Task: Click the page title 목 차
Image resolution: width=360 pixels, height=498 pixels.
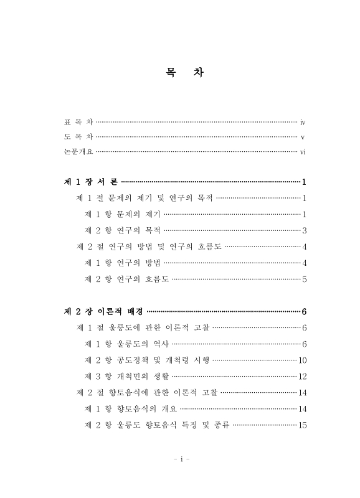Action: [180, 73]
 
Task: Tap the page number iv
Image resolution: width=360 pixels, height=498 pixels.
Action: [302, 122]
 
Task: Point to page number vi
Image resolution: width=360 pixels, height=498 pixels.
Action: [302, 152]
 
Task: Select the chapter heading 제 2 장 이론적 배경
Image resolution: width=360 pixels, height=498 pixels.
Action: [103, 311]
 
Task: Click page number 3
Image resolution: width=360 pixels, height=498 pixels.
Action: [304, 230]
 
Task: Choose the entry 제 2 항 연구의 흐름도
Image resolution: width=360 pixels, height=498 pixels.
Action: [126, 279]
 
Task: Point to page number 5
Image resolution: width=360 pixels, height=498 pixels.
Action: [304, 279]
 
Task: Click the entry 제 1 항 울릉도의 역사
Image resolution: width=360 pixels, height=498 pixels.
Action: [126, 344]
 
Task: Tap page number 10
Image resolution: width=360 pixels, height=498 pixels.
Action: [302, 360]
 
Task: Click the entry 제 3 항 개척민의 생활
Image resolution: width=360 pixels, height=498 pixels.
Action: [126, 376]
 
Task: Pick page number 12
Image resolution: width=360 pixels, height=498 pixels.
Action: [302, 376]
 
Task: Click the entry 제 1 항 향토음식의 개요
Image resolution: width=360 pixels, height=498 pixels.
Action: [131, 408]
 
